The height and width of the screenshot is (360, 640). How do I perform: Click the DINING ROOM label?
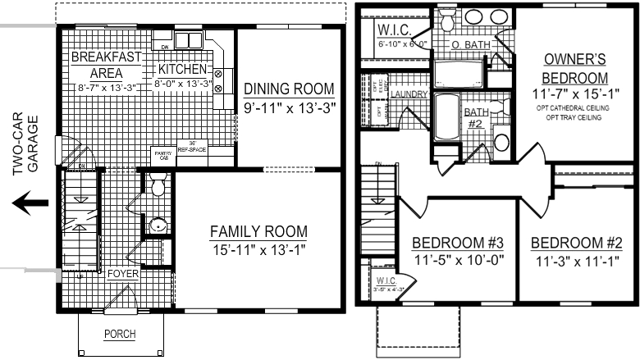coord(289,89)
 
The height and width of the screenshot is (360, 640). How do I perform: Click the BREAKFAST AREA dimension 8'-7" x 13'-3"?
coord(106,87)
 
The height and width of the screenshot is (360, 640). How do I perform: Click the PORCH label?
coord(119,334)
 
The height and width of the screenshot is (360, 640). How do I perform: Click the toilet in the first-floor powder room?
coord(158,186)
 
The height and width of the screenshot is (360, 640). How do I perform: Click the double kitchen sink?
coord(187,41)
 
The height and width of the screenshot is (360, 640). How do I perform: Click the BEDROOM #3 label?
coord(457,244)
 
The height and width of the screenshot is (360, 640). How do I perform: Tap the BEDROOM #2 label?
coord(573,244)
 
